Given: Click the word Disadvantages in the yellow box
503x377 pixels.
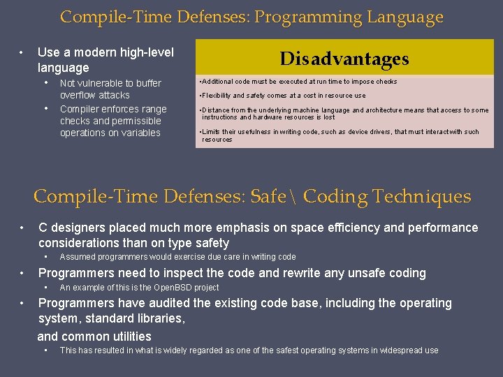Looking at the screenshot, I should (344, 59).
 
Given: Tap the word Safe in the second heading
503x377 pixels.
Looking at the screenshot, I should (268, 197).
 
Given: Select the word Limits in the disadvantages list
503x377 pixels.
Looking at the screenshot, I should (212, 132).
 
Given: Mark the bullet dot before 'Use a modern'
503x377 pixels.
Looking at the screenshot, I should (22, 52).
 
